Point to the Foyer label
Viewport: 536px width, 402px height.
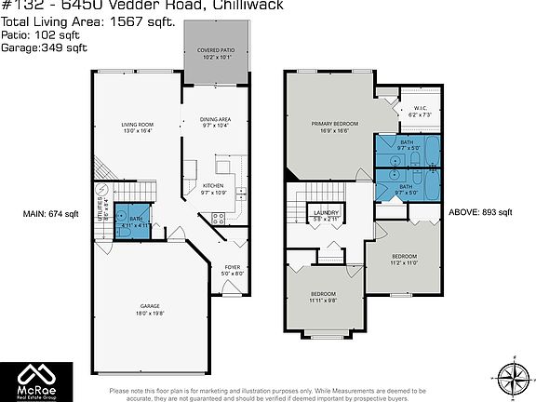pyautogui.click(x=233, y=271)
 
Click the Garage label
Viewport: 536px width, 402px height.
pyautogui.click(x=151, y=310)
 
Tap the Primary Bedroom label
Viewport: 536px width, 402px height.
pyautogui.click(x=335, y=128)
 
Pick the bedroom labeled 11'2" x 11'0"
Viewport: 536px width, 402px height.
pyautogui.click(x=403, y=259)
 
